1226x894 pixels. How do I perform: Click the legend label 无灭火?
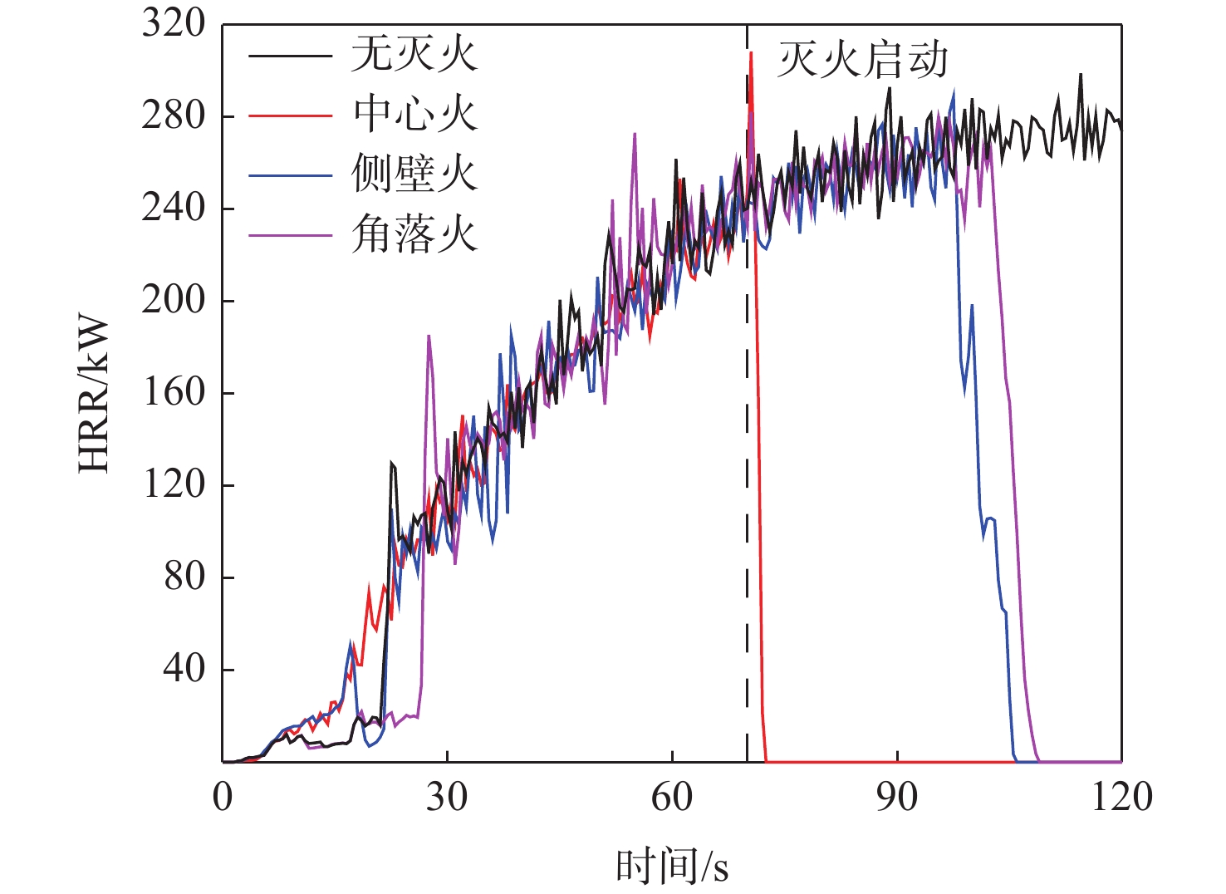tap(414, 55)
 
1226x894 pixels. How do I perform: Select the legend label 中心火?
tap(414, 114)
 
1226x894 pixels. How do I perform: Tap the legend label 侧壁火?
tap(414, 174)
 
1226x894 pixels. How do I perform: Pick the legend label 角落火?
tap(414, 233)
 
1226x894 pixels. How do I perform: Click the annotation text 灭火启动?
tap(862, 60)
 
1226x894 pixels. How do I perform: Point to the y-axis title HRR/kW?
tap(94, 394)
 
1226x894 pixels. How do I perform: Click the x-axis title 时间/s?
tap(672, 866)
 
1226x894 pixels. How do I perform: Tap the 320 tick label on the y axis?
tap(174, 23)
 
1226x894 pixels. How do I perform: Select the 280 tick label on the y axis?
tap(174, 115)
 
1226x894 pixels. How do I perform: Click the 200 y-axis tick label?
tap(174, 300)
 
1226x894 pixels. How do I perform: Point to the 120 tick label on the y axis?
tap(174, 484)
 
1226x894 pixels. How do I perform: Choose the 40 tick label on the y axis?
tap(184, 668)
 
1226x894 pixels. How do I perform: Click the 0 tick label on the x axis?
tap(223, 796)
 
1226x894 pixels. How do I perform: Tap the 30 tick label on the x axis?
tap(447, 796)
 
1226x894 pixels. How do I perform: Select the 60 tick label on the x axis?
tap(672, 796)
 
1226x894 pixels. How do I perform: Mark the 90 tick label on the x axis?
tap(897, 796)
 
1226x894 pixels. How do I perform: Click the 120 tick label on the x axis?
tap(1121, 796)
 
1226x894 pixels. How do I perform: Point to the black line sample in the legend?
tap(291, 56)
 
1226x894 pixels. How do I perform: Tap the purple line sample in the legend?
tap(291, 235)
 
